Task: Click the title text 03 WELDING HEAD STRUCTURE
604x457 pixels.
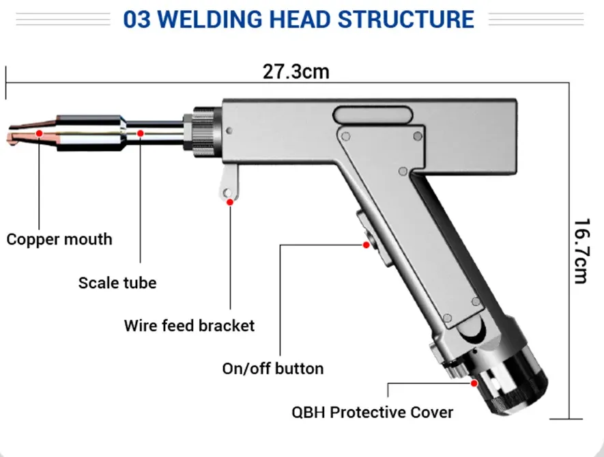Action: (298, 18)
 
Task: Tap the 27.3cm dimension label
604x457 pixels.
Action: (296, 72)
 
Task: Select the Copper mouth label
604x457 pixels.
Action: (59, 240)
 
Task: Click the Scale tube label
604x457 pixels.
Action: (117, 283)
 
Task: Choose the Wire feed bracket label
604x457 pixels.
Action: (189, 325)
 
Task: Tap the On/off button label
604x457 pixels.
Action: (273, 369)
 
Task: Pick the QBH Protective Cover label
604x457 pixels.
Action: (373, 412)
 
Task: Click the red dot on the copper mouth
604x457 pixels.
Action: (40, 132)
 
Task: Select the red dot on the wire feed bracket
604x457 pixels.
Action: (230, 202)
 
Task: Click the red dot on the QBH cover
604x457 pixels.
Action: (474, 384)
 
